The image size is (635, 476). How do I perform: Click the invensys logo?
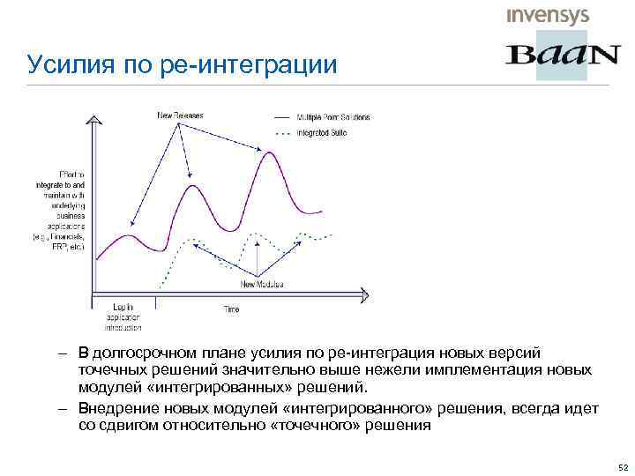coord(547,16)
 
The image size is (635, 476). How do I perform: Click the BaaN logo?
coord(562,55)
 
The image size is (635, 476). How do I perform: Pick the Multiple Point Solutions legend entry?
coord(332,117)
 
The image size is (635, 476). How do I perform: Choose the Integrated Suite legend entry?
coord(322,133)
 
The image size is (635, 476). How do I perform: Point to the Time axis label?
coord(230,310)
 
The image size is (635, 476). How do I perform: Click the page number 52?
coord(623,466)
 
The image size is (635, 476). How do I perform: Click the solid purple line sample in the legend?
coord(282,117)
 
